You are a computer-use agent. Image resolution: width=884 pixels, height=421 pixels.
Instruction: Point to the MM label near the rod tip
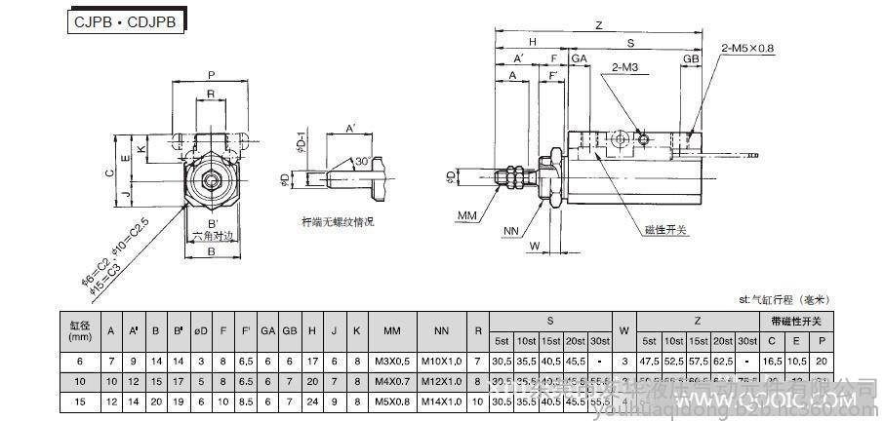point(467,212)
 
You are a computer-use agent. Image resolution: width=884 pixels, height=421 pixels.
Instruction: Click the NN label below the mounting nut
point(510,231)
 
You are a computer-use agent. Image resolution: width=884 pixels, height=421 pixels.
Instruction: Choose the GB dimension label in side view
point(691,59)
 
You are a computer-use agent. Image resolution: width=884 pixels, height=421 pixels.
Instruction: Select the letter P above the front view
point(212,74)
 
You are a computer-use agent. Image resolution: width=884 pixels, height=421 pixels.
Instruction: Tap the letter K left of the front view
point(141,149)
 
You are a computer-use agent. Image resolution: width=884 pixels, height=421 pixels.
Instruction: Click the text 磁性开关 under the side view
point(665,230)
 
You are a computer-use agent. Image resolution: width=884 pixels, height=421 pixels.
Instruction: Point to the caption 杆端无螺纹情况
point(338,223)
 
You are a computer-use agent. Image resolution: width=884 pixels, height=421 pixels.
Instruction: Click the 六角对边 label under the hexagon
point(212,236)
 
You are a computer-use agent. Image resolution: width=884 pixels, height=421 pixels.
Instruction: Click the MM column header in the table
point(391,330)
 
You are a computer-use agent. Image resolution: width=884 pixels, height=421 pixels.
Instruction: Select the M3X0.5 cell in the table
point(391,361)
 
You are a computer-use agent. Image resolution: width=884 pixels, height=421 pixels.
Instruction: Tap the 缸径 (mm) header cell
point(79,330)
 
